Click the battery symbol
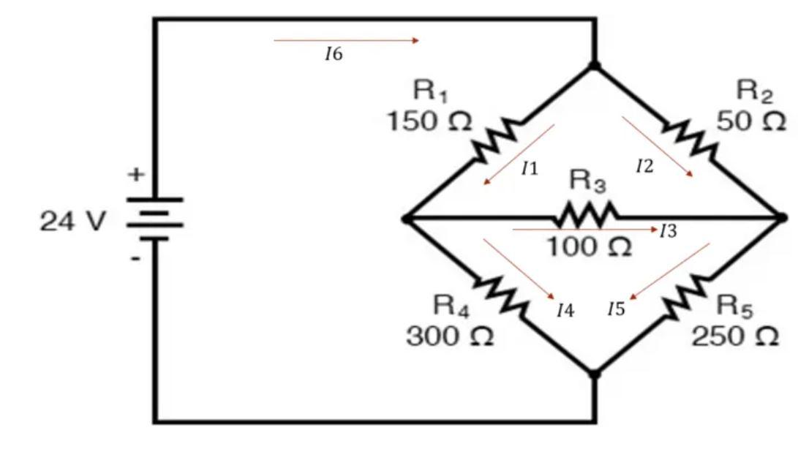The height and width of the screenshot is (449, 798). pos(154,218)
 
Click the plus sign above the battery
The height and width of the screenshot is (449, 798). pos(136,176)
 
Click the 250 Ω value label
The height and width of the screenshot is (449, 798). pos(735,336)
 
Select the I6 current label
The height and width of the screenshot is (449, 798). pos(334,55)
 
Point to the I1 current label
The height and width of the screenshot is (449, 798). pos(530,169)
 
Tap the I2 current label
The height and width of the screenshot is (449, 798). pos(644,167)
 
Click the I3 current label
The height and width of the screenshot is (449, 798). pos(668,232)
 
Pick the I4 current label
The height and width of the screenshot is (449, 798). pos(565,311)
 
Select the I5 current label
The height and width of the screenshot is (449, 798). pos(616,309)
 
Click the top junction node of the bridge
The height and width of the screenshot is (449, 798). pos(595,66)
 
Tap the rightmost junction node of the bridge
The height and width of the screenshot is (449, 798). pos(781,217)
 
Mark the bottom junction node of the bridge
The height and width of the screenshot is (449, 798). pos(594,373)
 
